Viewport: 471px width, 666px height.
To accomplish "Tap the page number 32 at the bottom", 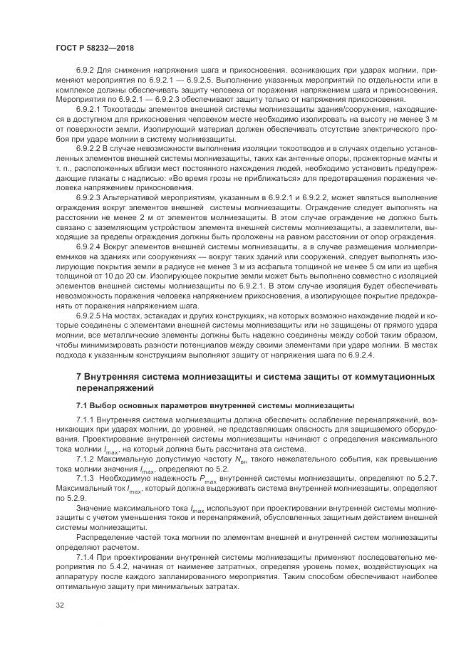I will tap(59, 605).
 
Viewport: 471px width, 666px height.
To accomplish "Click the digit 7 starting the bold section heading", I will tap(79, 375).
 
